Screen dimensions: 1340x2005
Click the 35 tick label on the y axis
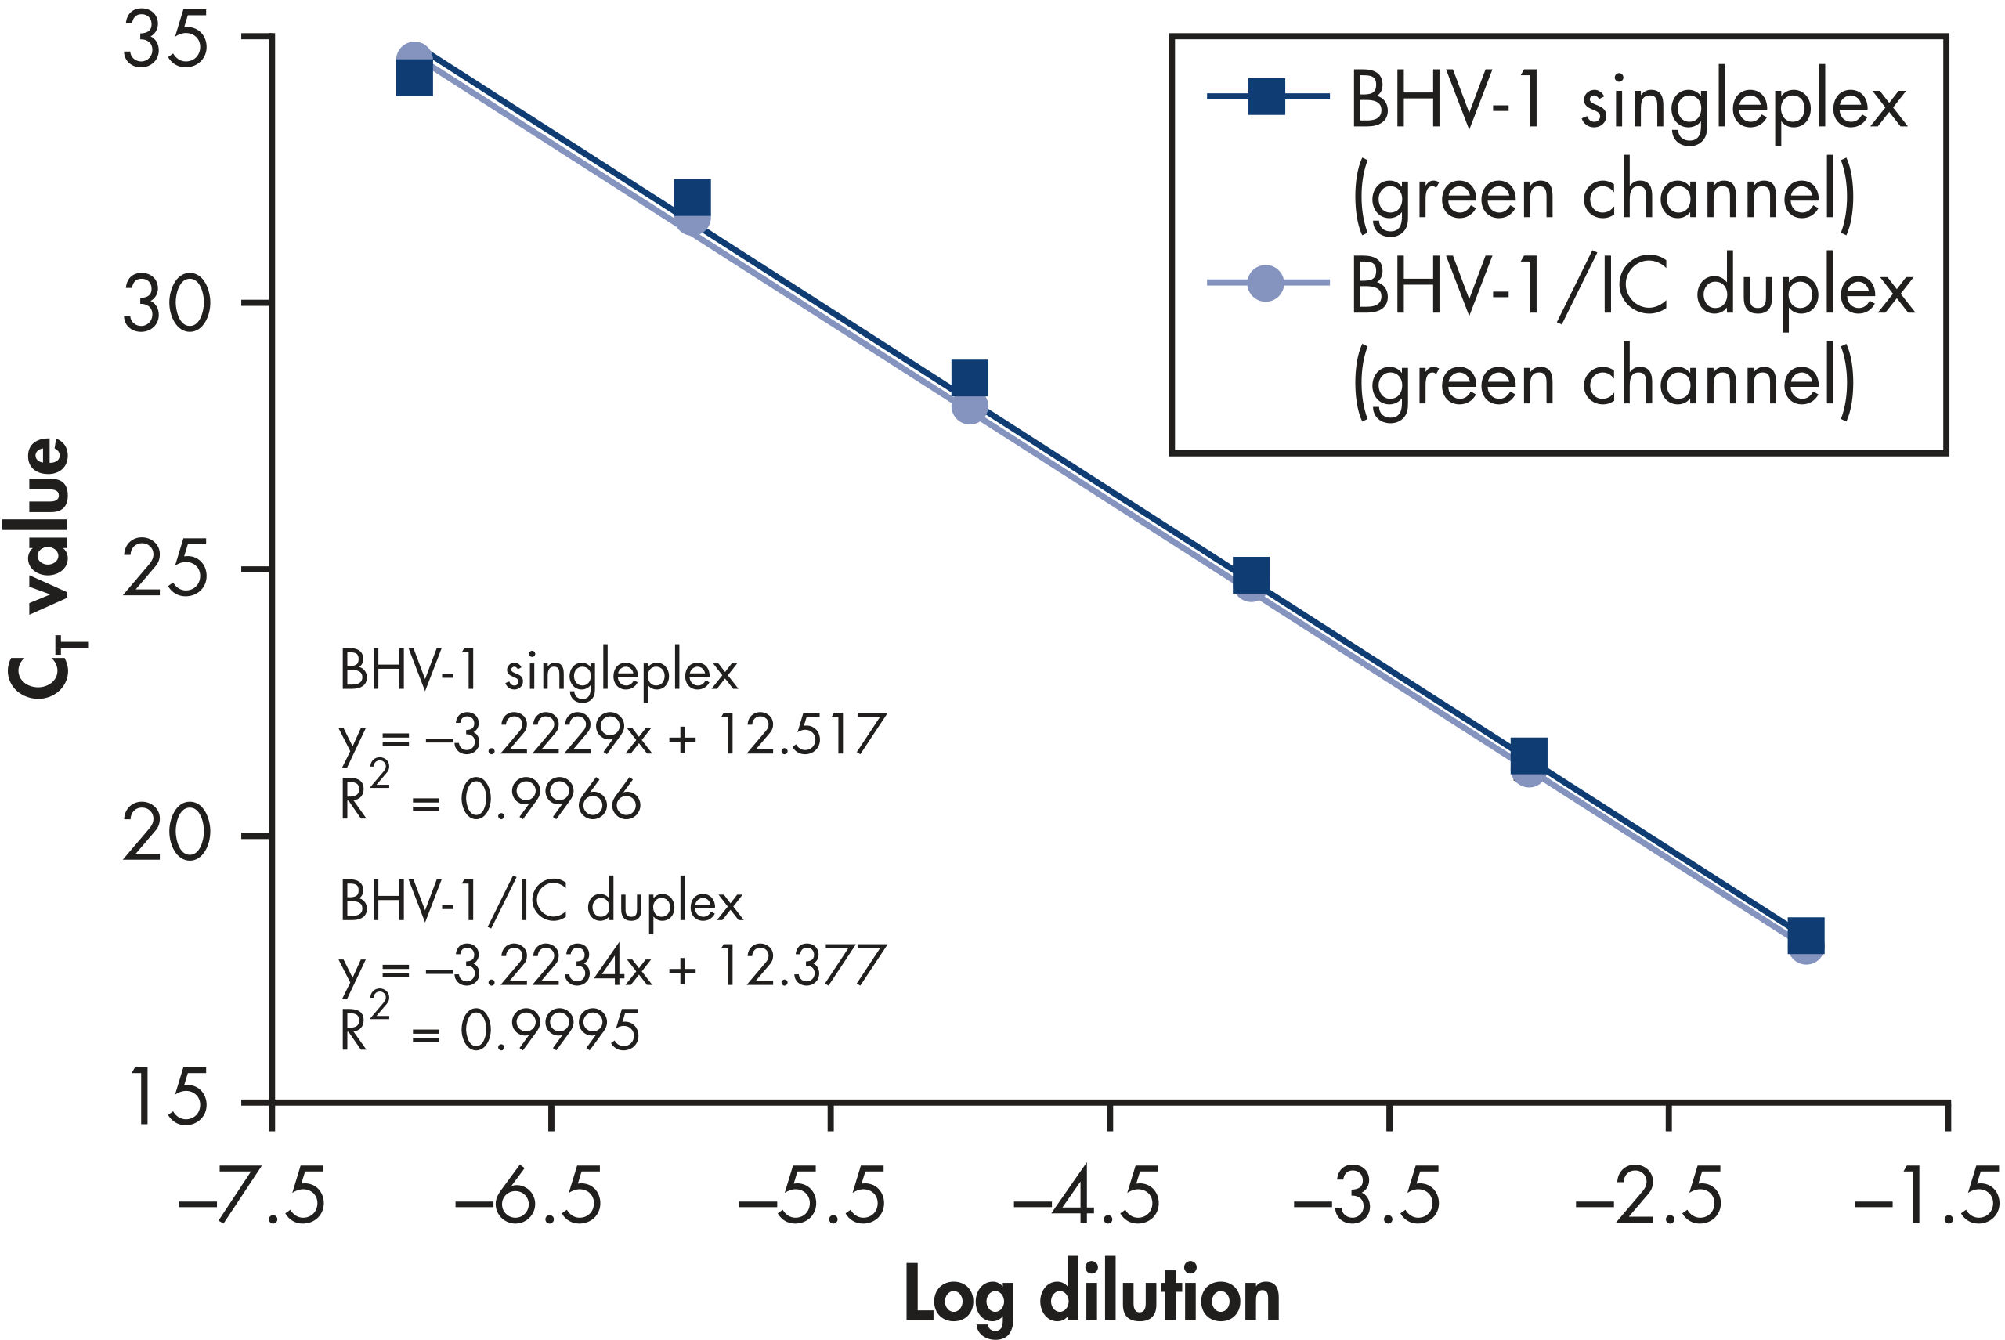click(166, 45)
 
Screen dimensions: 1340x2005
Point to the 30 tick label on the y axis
click(166, 307)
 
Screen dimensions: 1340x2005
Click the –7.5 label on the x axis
click(252, 1197)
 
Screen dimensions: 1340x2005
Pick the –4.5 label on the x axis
click(1087, 1197)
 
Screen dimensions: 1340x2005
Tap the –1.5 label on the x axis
click(1927, 1197)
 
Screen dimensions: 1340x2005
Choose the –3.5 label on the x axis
click(1367, 1197)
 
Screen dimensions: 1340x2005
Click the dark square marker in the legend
click(1266, 96)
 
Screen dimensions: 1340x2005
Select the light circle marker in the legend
click(1266, 283)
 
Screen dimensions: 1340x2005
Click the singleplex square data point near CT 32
click(692, 197)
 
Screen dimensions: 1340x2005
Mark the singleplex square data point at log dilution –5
click(970, 377)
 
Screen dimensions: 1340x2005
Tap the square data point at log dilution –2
click(1806, 936)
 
